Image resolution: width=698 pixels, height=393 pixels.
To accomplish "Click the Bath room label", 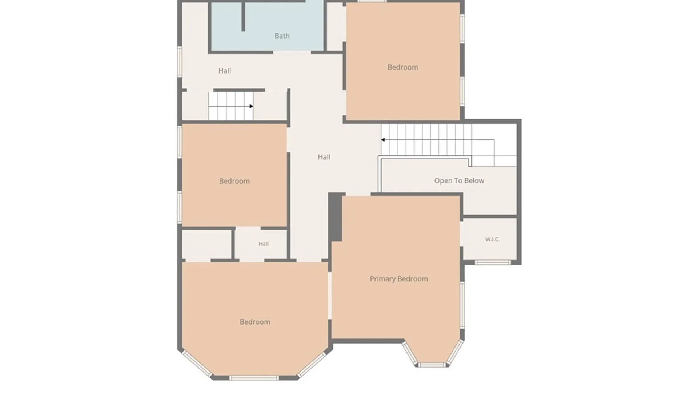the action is pos(282,36).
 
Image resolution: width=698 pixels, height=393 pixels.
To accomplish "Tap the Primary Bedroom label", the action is pos(399,279).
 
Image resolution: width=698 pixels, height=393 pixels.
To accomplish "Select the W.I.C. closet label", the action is pos(492,239).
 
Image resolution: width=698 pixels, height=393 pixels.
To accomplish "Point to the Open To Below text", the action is pos(459,181).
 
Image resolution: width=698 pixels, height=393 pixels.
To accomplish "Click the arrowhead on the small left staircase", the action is pos(251,106).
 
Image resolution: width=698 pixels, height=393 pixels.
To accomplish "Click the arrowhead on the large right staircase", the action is pos(383,140).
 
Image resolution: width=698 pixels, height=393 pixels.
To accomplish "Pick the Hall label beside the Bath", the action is pos(225,71).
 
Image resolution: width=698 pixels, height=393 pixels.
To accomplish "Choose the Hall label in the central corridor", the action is pos(324,157).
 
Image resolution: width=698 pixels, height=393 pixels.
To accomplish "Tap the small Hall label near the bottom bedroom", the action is pos(264,244).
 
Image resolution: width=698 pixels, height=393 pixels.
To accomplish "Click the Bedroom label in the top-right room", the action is pos(402,67).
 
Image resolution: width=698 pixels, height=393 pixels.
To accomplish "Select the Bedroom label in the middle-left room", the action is pos(234,181).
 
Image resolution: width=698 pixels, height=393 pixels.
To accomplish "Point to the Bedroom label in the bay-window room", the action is pos(255,322).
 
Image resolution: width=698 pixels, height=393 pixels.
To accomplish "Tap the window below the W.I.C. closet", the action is pos(493,262).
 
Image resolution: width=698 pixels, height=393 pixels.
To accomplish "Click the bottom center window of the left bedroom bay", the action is pos(254,378).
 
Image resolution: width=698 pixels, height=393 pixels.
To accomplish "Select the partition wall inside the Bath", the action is pos(243,16).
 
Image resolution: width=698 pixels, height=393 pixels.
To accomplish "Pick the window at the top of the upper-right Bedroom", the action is pos(372,1).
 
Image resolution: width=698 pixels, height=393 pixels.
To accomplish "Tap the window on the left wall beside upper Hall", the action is pos(180,61).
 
